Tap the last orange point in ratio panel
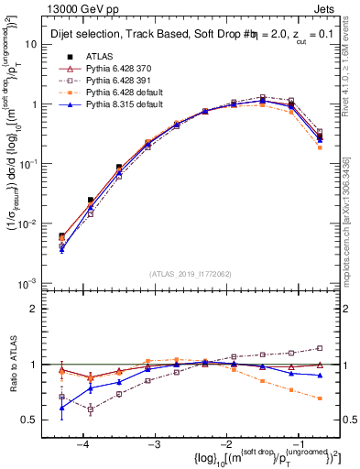[x=319, y=398]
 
